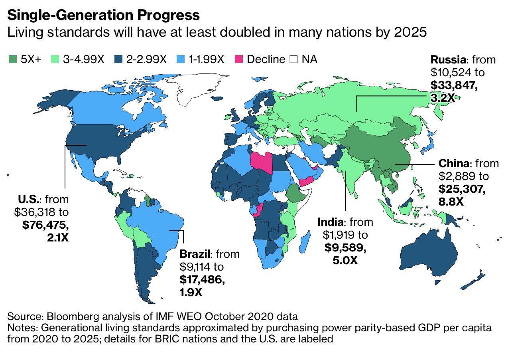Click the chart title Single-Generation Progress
[x=103, y=15]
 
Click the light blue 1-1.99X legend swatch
[x=180, y=59]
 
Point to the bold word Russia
[x=448, y=60]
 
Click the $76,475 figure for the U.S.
[x=45, y=224]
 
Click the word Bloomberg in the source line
[x=70, y=317]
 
